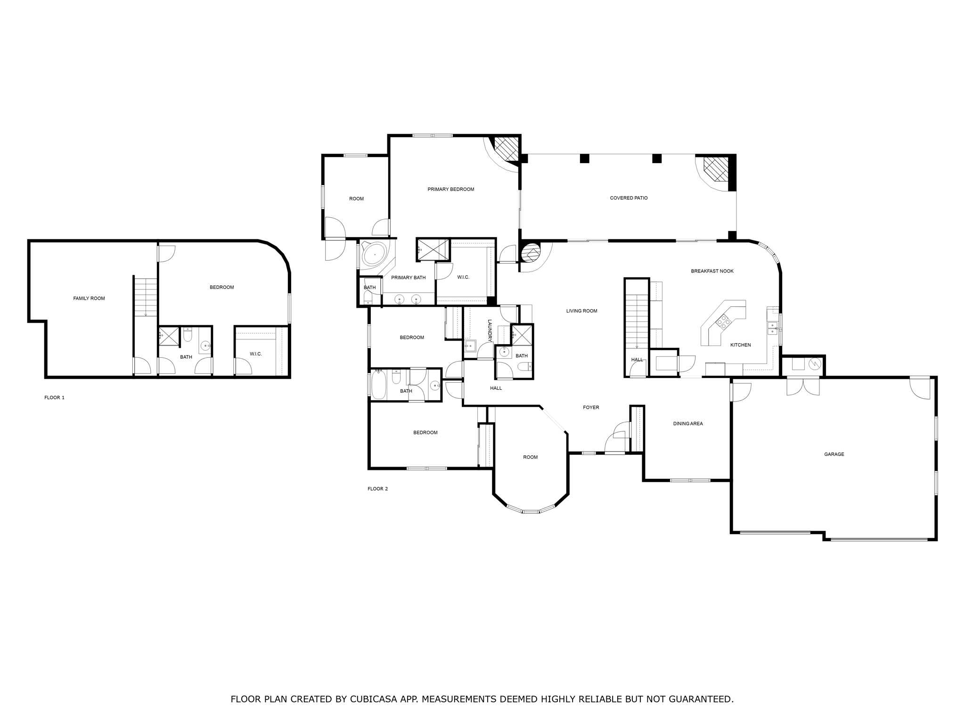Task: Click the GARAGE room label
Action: (x=834, y=454)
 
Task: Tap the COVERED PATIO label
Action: (x=629, y=198)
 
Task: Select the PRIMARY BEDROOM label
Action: (x=450, y=189)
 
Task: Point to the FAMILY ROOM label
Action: (x=89, y=298)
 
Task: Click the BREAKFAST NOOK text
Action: (x=712, y=271)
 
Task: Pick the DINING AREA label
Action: (x=687, y=424)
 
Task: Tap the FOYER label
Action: (x=591, y=407)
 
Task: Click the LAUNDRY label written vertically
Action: (x=490, y=330)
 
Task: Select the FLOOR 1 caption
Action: (x=54, y=398)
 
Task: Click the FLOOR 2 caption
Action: (x=377, y=489)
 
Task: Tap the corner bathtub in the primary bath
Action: (x=374, y=255)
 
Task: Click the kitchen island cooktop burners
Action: (x=723, y=322)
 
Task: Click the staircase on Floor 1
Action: (x=146, y=297)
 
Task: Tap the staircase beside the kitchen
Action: (x=637, y=321)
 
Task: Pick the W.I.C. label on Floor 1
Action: (x=255, y=354)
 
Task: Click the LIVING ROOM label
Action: (x=581, y=311)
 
